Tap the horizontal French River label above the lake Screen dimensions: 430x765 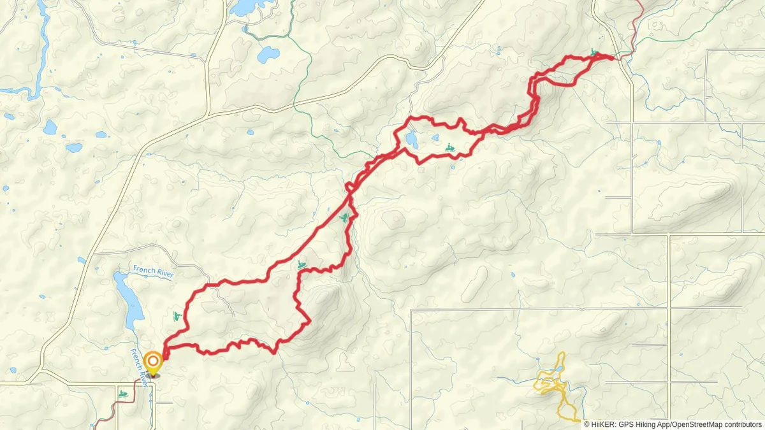[x=153, y=271]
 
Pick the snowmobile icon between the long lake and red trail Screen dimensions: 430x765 [x=177, y=316]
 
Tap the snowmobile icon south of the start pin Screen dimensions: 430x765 [x=122, y=394]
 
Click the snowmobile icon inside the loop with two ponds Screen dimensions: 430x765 [x=449, y=148]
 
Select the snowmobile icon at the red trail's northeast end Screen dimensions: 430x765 [x=594, y=53]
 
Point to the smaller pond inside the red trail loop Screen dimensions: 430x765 [x=435, y=138]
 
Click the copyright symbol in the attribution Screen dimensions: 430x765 [x=587, y=424]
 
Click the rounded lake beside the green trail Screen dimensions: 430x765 [x=268, y=55]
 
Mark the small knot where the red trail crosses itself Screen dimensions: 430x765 [x=349, y=187]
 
